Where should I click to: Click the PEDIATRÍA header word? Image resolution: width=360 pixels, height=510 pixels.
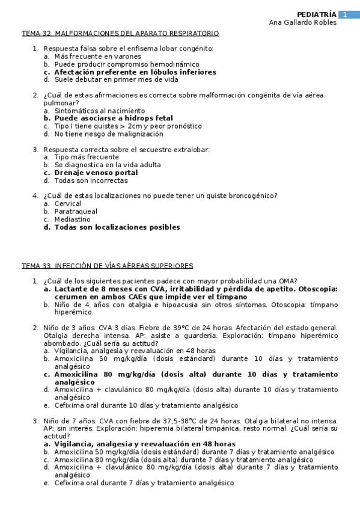click(317, 14)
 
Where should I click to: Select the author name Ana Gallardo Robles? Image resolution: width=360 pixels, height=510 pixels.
click(302, 23)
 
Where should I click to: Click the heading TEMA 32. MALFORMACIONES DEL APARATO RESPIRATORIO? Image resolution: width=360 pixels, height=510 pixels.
click(120, 34)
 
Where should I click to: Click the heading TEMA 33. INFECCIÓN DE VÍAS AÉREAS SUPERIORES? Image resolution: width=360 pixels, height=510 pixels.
click(108, 266)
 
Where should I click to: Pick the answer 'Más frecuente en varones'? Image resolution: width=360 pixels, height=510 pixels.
click(97, 57)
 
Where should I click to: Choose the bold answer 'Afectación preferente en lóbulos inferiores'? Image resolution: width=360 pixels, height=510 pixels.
click(135, 72)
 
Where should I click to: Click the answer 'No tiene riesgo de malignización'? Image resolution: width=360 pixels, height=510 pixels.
click(108, 134)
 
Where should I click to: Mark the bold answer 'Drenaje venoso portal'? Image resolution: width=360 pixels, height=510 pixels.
click(96, 173)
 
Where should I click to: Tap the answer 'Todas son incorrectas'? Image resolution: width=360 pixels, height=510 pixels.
click(91, 180)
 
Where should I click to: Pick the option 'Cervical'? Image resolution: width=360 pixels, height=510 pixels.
click(68, 204)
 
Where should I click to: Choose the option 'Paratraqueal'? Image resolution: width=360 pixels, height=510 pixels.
click(76, 212)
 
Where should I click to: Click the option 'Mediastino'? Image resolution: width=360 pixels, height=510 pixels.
click(73, 220)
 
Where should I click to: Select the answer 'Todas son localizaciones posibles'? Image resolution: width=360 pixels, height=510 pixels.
click(117, 227)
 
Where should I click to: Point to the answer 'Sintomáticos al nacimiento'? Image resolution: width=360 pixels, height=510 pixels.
click(99, 111)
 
